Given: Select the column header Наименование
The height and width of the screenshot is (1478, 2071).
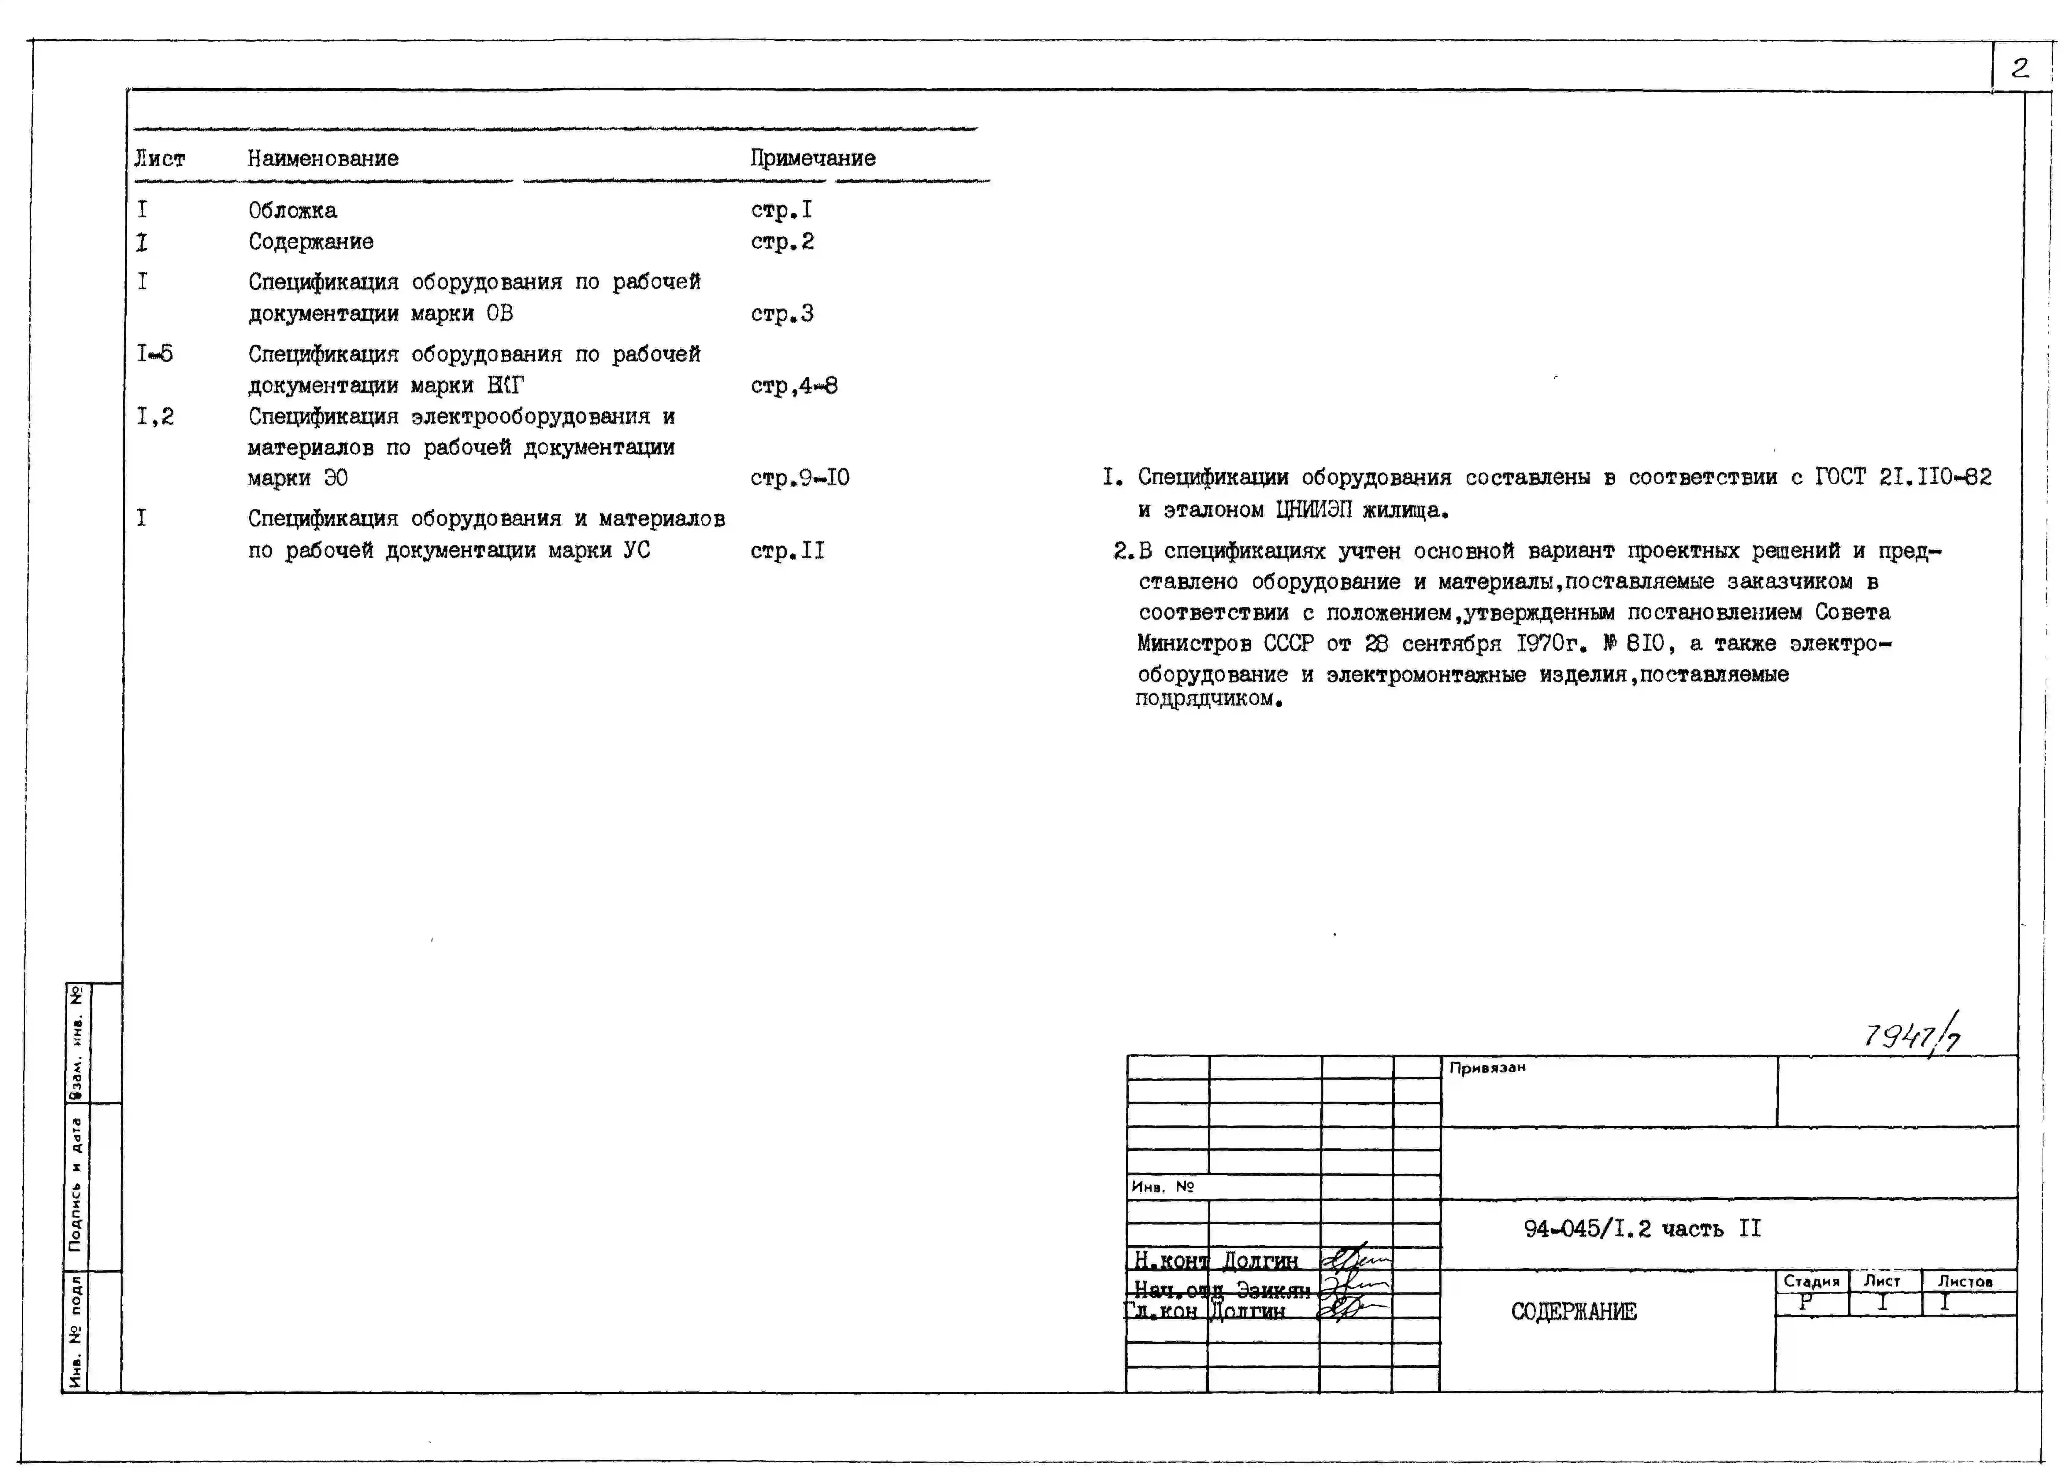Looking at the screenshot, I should (x=323, y=158).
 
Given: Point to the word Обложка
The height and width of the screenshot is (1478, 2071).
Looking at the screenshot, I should (x=292, y=210).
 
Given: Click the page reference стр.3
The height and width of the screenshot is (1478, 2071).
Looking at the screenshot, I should (x=782, y=314).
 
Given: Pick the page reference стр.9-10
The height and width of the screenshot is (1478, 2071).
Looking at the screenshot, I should (x=799, y=478).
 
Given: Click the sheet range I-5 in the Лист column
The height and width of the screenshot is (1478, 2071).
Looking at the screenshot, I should (x=155, y=353).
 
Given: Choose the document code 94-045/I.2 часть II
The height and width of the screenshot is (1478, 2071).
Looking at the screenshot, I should (x=1641, y=1229).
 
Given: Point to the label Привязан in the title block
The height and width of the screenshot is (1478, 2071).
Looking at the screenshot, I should (x=1486, y=1068).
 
